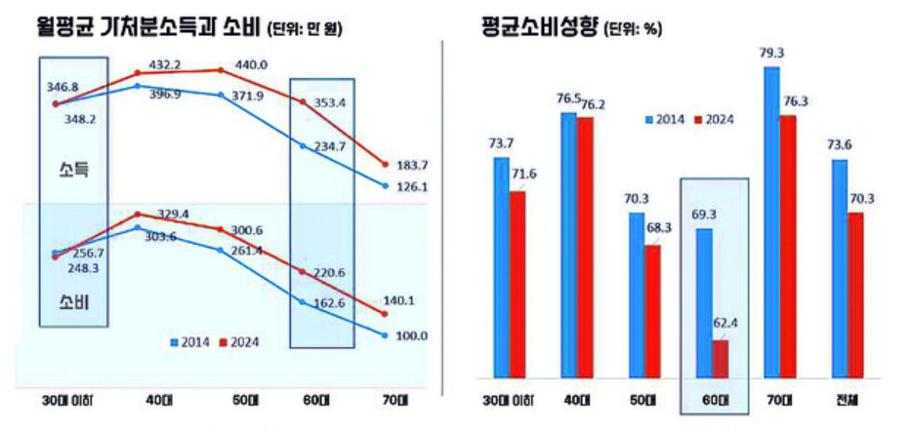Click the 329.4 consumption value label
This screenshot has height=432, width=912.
[171, 213]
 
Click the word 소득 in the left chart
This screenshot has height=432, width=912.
[72, 170]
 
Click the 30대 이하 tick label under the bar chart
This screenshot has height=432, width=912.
[510, 399]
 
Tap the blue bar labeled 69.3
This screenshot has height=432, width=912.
[703, 302]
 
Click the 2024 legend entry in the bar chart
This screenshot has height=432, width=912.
[715, 119]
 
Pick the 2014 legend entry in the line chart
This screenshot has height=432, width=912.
[192, 341]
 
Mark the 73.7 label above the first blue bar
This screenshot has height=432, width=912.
[500, 143]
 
